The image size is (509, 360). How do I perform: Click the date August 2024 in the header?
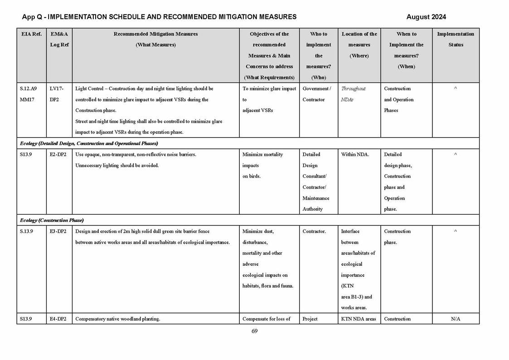(x=426, y=17)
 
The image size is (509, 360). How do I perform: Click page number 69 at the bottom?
(x=254, y=331)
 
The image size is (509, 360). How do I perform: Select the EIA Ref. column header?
(x=31, y=34)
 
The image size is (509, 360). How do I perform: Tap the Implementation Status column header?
(x=456, y=39)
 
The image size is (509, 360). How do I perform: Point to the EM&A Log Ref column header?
(x=59, y=39)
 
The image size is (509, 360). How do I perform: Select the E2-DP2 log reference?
(x=58, y=154)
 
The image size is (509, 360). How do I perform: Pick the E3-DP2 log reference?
(x=58, y=231)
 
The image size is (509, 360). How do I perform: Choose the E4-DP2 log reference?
(x=58, y=319)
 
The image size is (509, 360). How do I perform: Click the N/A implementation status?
(x=456, y=319)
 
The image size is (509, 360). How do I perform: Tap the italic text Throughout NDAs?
(x=353, y=94)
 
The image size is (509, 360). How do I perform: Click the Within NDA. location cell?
(x=355, y=154)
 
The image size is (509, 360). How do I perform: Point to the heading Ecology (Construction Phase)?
(x=52, y=220)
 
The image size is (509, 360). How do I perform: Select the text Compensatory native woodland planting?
(x=117, y=319)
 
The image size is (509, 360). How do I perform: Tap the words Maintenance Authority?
(x=316, y=203)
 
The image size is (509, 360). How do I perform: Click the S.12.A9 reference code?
(x=28, y=89)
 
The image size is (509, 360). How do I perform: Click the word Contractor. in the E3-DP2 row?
(x=314, y=231)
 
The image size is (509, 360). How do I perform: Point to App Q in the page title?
(x=32, y=17)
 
